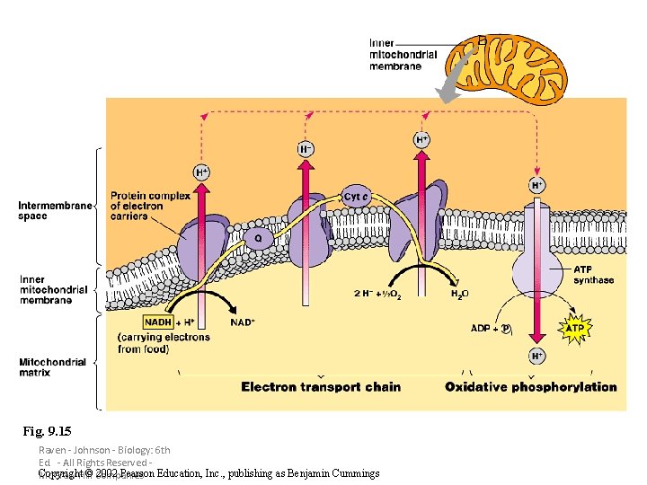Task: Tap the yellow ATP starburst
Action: pyautogui.click(x=575, y=329)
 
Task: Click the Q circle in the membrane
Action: pyautogui.click(x=258, y=239)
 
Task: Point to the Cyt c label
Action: pyautogui.click(x=357, y=197)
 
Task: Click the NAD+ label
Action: pyautogui.click(x=243, y=322)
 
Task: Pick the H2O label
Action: pyautogui.click(x=458, y=294)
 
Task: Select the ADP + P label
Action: pyautogui.click(x=492, y=329)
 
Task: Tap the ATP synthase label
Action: pyautogui.click(x=593, y=274)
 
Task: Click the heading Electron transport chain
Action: pyautogui.click(x=321, y=387)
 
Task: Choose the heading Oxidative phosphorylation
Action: pyautogui.click(x=531, y=387)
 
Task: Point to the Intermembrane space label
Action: pyautogui.click(x=54, y=210)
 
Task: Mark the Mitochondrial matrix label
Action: pyautogui.click(x=52, y=367)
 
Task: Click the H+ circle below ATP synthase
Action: pyautogui.click(x=536, y=357)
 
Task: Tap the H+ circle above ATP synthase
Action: pyautogui.click(x=536, y=185)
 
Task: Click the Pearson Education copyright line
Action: pyautogui.click(x=208, y=473)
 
